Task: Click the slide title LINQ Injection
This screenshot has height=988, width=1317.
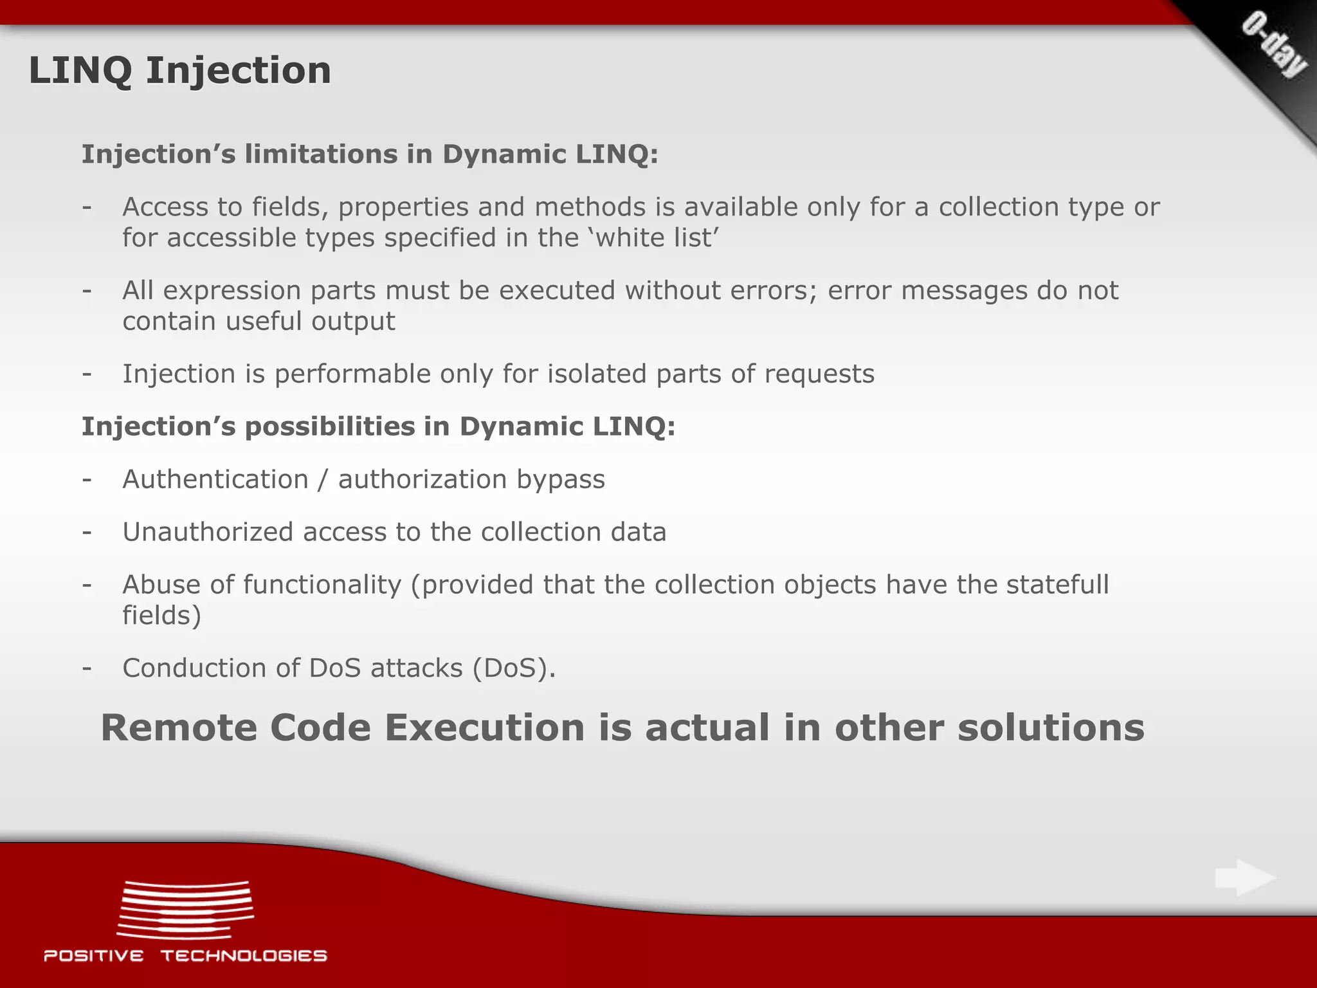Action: click(179, 70)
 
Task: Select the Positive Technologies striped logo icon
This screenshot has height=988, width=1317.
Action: click(185, 910)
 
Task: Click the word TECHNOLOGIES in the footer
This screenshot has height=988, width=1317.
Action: click(244, 956)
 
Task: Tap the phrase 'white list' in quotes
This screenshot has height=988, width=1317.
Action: click(653, 238)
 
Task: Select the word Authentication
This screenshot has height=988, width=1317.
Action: click(215, 479)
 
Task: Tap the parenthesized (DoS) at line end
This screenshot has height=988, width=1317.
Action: click(514, 668)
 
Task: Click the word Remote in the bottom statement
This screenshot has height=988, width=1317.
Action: click(179, 728)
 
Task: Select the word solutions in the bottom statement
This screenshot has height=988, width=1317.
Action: click(1051, 728)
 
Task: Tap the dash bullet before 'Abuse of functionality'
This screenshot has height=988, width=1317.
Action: click(87, 585)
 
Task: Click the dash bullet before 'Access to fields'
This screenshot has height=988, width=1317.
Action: click(87, 207)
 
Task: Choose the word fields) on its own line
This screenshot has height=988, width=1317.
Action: click(161, 616)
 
